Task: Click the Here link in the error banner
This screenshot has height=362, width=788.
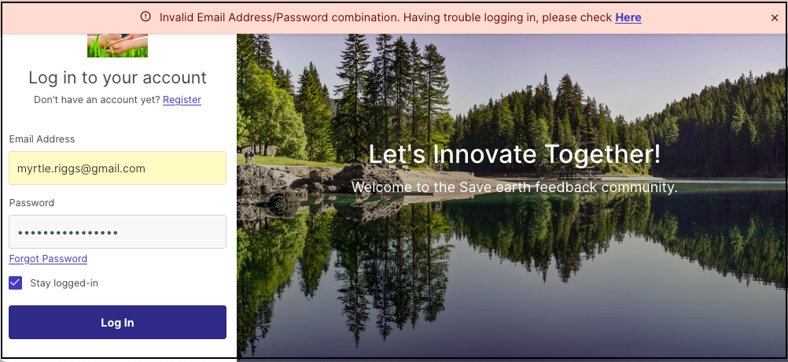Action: click(x=628, y=17)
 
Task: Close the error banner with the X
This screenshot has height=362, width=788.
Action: click(x=775, y=18)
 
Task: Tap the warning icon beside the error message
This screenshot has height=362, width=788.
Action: click(x=145, y=17)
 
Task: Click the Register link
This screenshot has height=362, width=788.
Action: click(x=182, y=100)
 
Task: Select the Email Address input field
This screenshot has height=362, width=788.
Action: click(x=118, y=168)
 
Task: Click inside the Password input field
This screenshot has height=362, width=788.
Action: click(x=118, y=232)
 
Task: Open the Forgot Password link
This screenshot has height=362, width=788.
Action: click(x=48, y=259)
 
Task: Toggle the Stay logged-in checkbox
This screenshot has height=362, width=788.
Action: click(x=16, y=283)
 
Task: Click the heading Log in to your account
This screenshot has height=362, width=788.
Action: click(x=118, y=77)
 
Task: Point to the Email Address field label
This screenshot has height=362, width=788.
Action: click(x=42, y=139)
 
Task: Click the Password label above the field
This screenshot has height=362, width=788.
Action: click(x=31, y=203)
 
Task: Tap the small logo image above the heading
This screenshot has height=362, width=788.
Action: click(x=118, y=46)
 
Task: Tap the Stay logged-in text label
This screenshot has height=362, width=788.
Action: click(x=64, y=283)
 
